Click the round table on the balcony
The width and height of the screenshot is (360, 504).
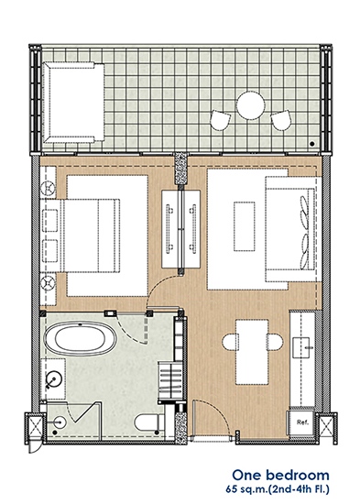(x=251, y=105)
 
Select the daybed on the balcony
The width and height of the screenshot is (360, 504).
(x=73, y=103)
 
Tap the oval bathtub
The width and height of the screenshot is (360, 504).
(x=81, y=338)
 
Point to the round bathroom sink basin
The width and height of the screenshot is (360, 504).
(x=53, y=379)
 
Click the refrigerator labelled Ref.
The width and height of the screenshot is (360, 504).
(x=300, y=422)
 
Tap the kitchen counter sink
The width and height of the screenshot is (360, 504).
(x=301, y=347)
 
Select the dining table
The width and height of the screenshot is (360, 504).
(x=252, y=352)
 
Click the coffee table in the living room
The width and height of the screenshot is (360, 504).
(x=245, y=226)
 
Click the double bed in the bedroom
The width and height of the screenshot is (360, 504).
(x=93, y=236)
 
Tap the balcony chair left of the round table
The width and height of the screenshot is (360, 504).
(x=221, y=121)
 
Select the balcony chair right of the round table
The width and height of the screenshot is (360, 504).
(x=281, y=120)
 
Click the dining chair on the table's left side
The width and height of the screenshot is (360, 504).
(x=230, y=342)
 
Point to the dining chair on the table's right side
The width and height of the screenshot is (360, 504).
(x=276, y=342)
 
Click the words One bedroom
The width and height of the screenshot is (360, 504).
(x=280, y=475)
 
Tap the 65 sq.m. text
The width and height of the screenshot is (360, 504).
(x=246, y=490)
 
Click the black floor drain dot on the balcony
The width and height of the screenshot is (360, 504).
(x=311, y=144)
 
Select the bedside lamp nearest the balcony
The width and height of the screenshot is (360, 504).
(x=49, y=187)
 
